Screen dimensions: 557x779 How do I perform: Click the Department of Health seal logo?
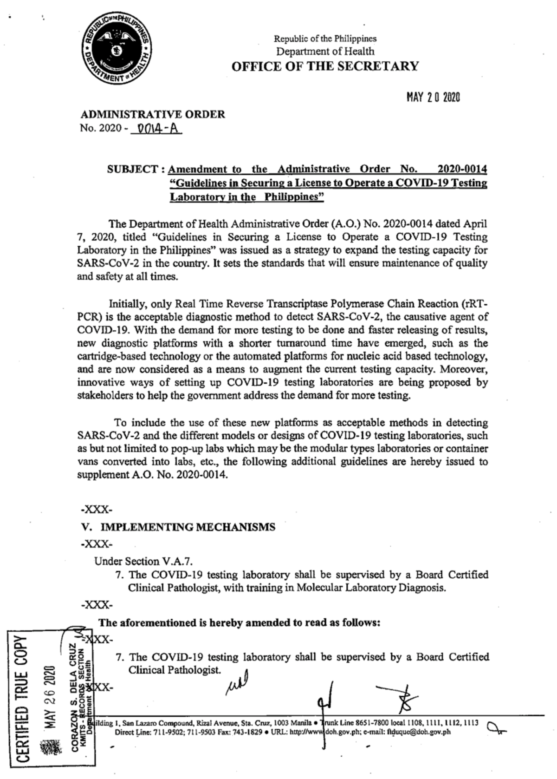117,51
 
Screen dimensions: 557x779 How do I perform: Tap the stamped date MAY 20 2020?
433,97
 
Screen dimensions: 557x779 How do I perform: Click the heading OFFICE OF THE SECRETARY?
325,66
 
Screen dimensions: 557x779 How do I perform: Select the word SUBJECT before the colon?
133,169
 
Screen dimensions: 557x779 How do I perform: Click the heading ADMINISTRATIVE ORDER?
153,114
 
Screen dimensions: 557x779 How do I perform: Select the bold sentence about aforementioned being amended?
240,622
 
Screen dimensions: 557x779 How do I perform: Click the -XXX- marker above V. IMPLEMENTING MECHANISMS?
97,510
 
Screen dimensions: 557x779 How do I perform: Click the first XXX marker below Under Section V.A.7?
97,605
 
